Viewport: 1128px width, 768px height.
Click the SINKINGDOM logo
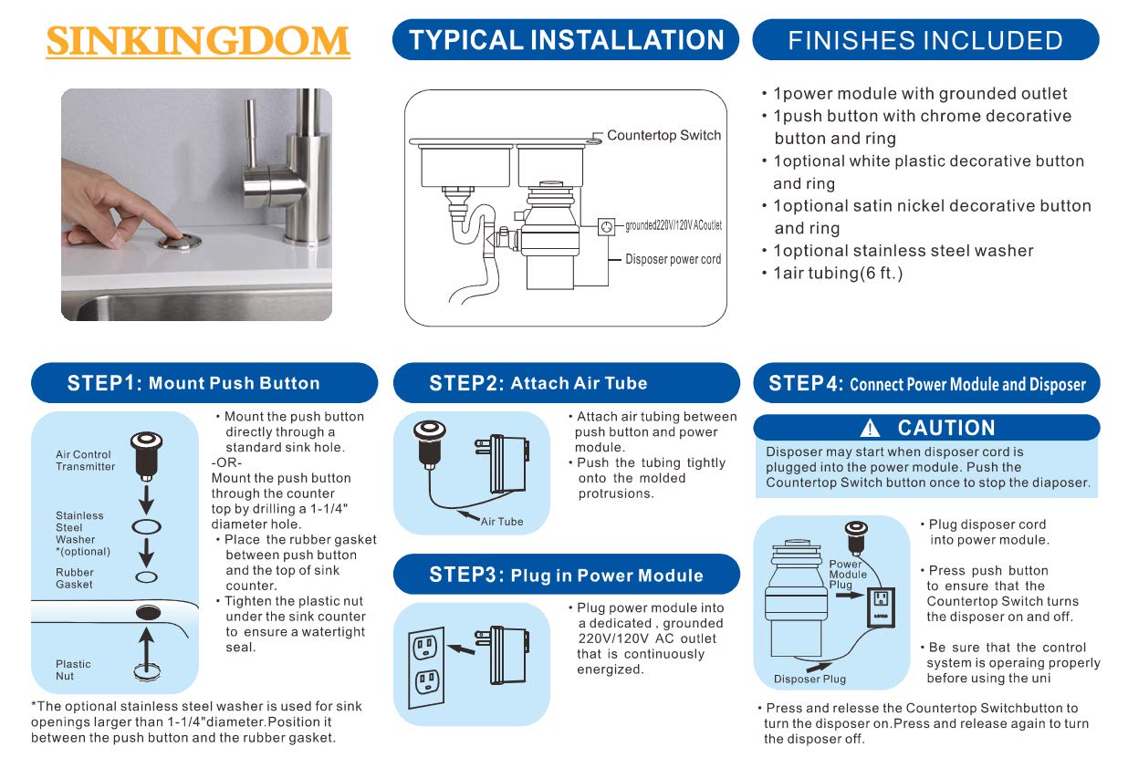[x=197, y=41]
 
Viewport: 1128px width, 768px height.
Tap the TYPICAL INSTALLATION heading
[x=566, y=40]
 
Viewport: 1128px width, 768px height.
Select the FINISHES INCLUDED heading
[x=924, y=40]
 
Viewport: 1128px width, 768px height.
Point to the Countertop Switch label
[x=663, y=135]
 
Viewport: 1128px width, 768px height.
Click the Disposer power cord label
[x=673, y=259]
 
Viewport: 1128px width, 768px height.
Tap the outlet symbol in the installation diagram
[x=606, y=225]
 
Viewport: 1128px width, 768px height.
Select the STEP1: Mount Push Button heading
[x=204, y=383]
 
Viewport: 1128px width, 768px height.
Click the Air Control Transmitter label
[x=85, y=461]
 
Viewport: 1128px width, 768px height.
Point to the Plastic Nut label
[x=73, y=669]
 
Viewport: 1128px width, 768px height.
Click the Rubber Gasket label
[x=74, y=578]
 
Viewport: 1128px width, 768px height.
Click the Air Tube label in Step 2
[x=503, y=522]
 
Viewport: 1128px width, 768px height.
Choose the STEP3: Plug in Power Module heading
[x=566, y=576]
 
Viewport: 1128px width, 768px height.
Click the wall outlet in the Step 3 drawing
[x=425, y=664]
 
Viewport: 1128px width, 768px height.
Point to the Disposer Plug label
[x=809, y=679]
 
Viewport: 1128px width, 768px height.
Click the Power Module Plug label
[x=848, y=575]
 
